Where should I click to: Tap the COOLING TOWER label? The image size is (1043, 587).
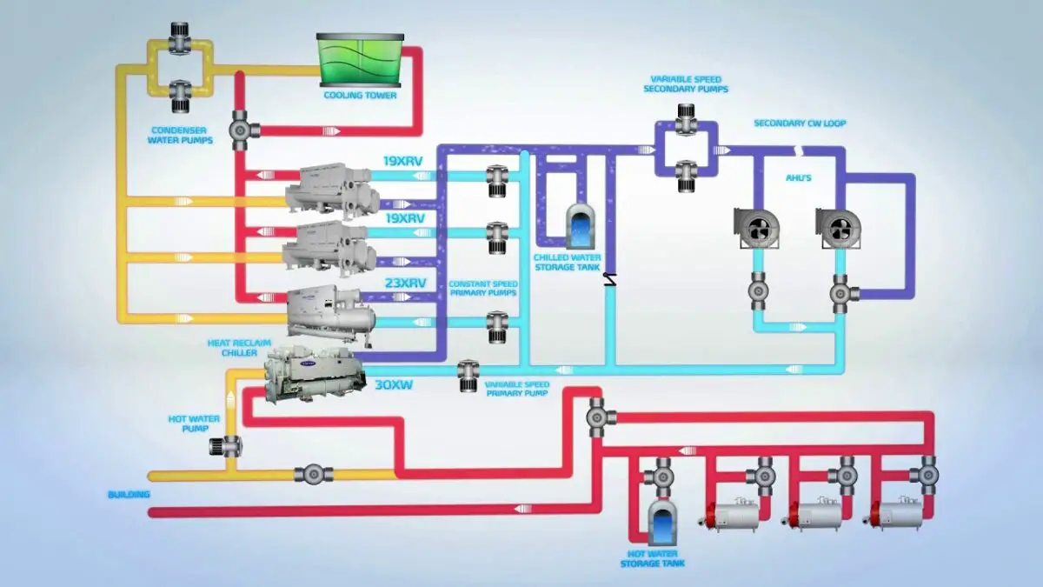[x=360, y=95]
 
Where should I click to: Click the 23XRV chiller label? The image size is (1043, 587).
[x=405, y=283]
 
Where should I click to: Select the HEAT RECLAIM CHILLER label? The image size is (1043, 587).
[x=231, y=348]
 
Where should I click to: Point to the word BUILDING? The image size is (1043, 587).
[x=129, y=495]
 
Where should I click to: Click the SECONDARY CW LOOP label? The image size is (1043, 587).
[x=800, y=123]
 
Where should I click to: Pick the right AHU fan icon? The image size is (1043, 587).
[x=839, y=227]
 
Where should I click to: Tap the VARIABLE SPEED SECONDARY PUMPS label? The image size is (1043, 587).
[x=685, y=83]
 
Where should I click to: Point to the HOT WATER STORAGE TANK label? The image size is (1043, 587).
[x=652, y=558]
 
